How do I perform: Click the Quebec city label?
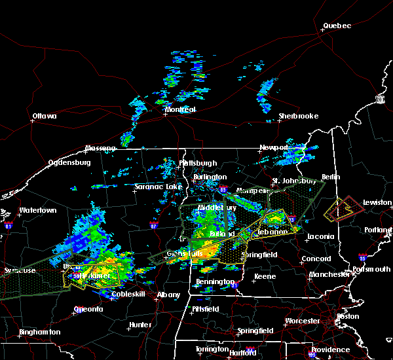[337, 26]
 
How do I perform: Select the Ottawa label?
[44, 117]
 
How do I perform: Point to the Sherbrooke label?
[298, 116]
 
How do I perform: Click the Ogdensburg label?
[70, 163]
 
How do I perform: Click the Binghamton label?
[40, 333]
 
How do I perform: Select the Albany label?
[168, 295]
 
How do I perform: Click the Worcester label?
[303, 321]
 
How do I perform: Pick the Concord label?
[316, 259]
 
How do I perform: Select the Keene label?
[265, 277]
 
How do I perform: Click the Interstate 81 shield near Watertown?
[9, 225]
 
